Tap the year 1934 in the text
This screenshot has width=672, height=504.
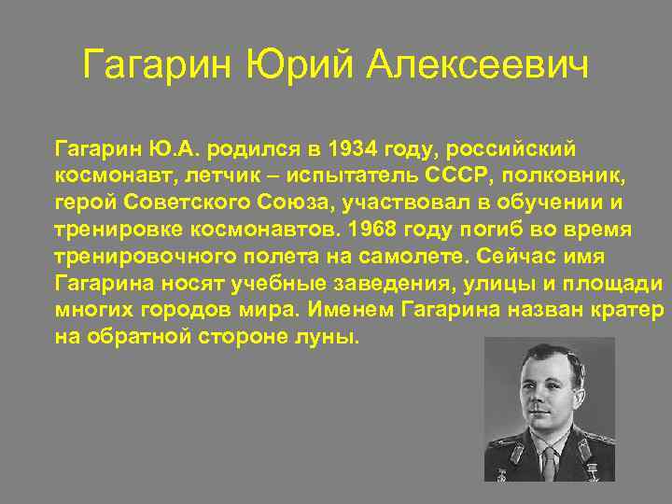[x=343, y=148]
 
